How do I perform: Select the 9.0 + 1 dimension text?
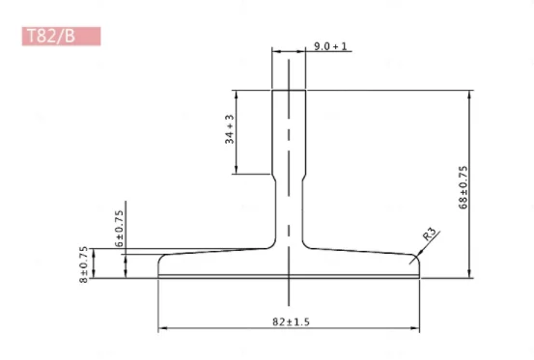click(x=331, y=45)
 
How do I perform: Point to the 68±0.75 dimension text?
click(x=464, y=187)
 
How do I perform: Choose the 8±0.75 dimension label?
click(x=84, y=263)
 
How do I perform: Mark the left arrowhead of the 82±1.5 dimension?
click(x=162, y=328)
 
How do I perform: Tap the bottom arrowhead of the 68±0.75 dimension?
click(x=470, y=273)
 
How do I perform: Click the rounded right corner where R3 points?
click(x=416, y=257)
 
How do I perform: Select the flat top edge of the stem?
click(x=289, y=91)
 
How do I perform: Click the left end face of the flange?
click(x=158, y=267)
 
